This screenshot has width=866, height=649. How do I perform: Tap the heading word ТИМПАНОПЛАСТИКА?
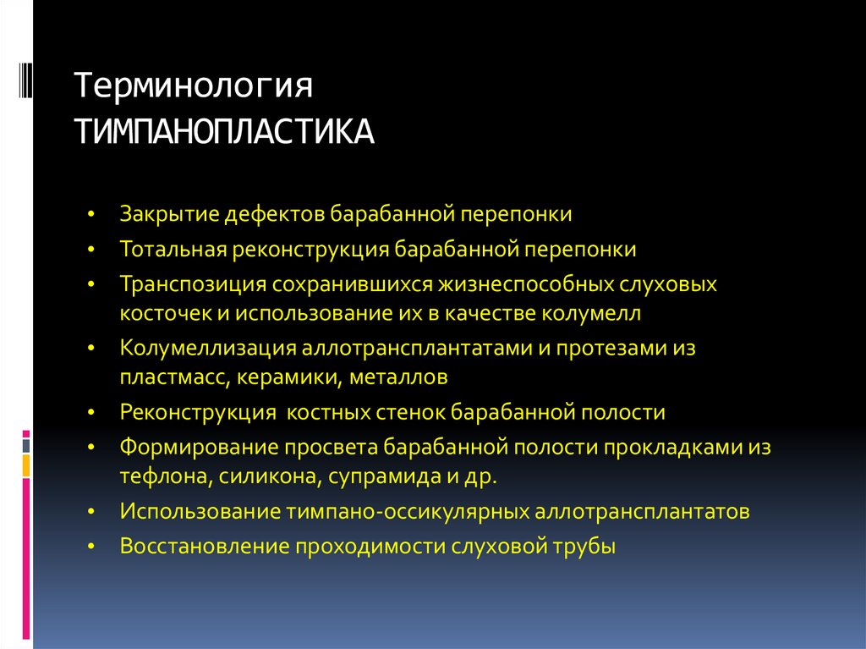[225, 132]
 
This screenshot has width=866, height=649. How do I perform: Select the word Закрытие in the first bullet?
[169, 213]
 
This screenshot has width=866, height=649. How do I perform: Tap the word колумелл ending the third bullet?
[600, 313]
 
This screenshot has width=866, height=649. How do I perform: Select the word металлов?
[397, 377]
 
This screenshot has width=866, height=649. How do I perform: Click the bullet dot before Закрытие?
[92, 214]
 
